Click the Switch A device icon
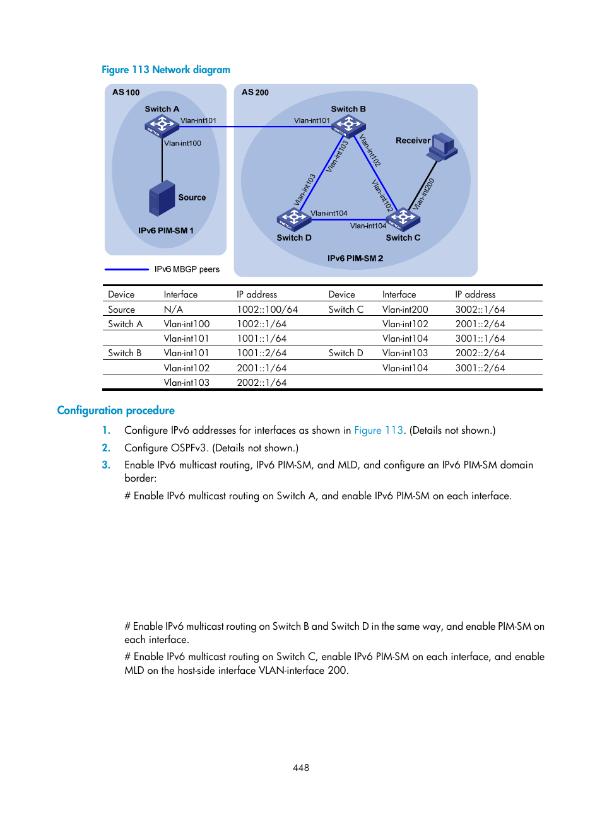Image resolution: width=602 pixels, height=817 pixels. click(162, 125)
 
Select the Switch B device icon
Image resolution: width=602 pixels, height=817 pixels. click(348, 125)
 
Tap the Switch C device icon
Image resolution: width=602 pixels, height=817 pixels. click(404, 219)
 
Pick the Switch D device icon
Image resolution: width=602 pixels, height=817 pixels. click(293, 219)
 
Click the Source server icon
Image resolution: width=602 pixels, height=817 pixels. click(162, 199)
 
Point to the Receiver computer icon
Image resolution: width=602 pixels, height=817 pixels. click(443, 147)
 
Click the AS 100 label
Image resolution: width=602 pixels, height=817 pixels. click(126, 92)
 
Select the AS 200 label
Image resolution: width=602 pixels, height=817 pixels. click(255, 92)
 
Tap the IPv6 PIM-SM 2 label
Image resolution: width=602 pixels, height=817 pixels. click(355, 258)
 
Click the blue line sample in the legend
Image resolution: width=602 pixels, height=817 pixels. click(126, 269)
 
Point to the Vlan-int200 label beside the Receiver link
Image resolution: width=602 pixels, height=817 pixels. click(423, 194)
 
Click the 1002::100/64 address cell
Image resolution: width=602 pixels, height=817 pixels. click(267, 310)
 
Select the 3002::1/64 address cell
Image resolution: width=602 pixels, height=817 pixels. click(480, 310)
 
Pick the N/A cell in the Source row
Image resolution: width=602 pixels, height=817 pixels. click(173, 310)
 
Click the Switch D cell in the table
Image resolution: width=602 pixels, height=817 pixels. click(346, 353)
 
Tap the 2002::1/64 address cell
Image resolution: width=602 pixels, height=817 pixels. click(261, 383)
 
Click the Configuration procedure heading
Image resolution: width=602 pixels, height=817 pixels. click(115, 410)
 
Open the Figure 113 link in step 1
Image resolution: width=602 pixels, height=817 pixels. click(378, 430)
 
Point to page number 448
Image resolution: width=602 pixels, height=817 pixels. click(301, 768)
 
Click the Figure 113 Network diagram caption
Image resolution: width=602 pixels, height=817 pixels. click(166, 69)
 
